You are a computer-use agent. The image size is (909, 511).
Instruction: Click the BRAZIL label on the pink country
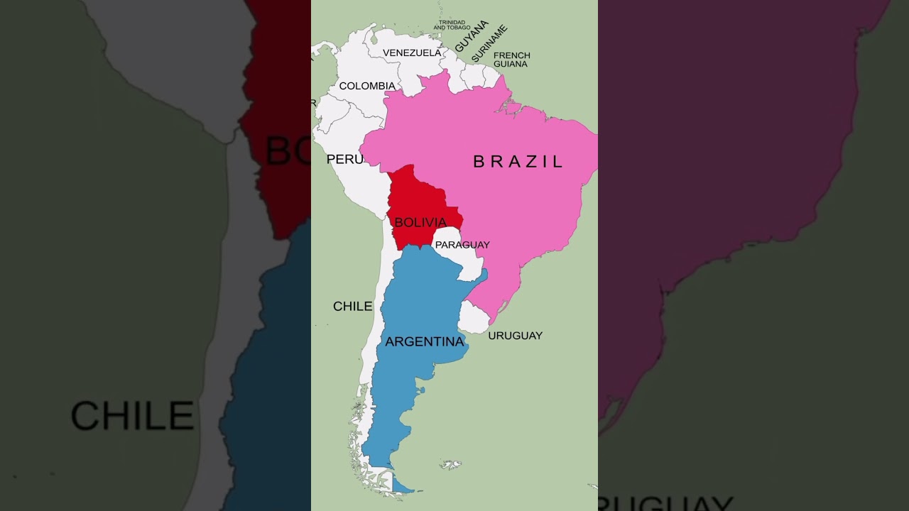pyautogui.click(x=518, y=162)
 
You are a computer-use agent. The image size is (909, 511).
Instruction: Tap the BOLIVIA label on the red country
pyautogui.click(x=420, y=223)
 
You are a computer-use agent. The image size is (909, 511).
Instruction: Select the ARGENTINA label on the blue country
pyautogui.click(x=425, y=342)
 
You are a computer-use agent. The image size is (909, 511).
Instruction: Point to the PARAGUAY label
pyautogui.click(x=462, y=245)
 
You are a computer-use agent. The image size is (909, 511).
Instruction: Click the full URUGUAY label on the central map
pyautogui.click(x=515, y=336)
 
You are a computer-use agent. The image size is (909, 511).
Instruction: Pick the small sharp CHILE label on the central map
pyautogui.click(x=353, y=307)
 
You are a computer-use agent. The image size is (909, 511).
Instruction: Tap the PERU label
pyautogui.click(x=344, y=160)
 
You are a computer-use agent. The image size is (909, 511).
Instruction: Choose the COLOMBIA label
pyautogui.click(x=367, y=86)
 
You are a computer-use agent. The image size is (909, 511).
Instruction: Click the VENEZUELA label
pyautogui.click(x=412, y=53)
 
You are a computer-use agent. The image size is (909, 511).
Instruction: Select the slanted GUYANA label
pyautogui.click(x=472, y=35)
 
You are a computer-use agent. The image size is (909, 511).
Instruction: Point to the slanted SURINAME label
pyautogui.click(x=489, y=43)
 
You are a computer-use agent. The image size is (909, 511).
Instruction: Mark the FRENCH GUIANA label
pyautogui.click(x=511, y=60)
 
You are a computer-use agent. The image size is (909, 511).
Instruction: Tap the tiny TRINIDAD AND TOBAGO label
pyautogui.click(x=452, y=25)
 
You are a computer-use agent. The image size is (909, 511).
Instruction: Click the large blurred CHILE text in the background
pyautogui.click(x=132, y=416)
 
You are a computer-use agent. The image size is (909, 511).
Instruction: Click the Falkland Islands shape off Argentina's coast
pyautogui.click(x=450, y=465)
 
